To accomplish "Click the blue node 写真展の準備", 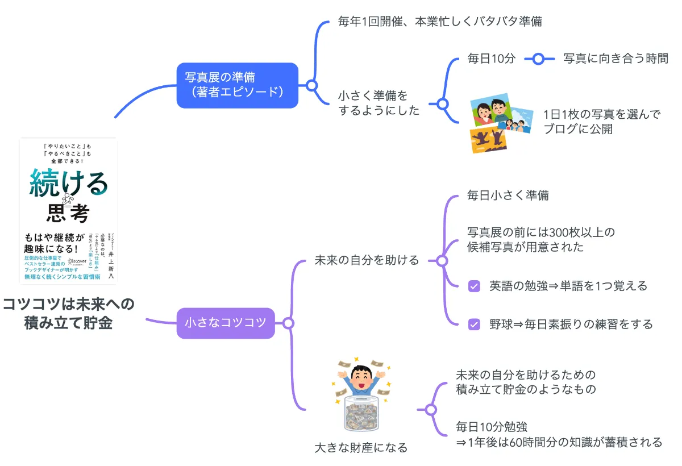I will pos(237,85).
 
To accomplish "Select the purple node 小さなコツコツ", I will pos(226,323).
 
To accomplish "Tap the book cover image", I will pos(68,210).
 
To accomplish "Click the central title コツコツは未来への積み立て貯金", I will pos(68,313).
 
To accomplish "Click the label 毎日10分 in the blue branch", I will pos(491,58).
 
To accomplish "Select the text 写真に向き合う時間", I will pos(616,58).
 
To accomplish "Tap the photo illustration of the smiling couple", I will pos(492,113).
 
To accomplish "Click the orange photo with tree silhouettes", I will pos(489,140).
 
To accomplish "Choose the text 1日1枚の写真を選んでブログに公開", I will pos(601,122).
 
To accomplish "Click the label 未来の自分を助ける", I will pos(367,260).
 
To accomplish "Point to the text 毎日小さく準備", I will pos(508,195).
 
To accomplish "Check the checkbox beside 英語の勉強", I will pos(474,286).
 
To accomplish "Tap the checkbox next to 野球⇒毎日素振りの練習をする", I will pos(474,324).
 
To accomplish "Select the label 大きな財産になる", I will pos(361,448).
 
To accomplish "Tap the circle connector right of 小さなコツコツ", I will pos(288,323).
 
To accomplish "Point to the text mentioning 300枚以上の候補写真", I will pos(540,240).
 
